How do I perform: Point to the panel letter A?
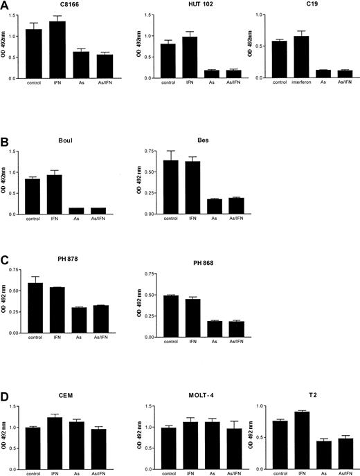tap(5, 6)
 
